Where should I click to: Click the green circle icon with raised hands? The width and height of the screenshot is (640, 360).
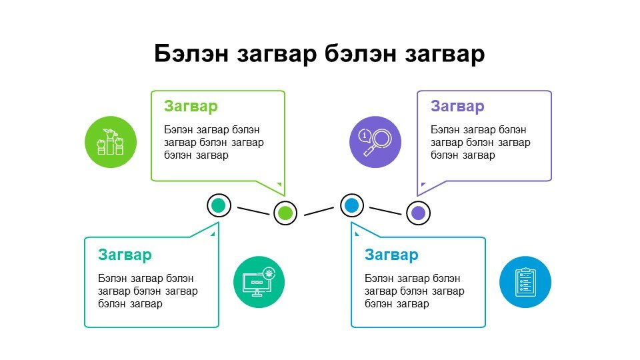coord(110,142)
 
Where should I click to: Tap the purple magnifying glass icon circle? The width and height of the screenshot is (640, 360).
coord(375,142)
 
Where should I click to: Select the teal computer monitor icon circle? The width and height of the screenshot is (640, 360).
coord(259,282)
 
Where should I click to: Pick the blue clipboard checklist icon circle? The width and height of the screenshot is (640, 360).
coord(525,282)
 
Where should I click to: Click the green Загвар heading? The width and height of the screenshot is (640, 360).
coord(191,106)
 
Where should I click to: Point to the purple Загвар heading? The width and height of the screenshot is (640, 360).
coord(457,106)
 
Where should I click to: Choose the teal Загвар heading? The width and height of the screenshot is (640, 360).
coord(125,255)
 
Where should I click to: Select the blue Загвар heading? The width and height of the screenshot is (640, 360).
coord(391,255)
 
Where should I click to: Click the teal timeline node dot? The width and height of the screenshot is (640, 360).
coord(219,205)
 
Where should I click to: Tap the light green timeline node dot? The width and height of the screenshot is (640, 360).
coord(285,213)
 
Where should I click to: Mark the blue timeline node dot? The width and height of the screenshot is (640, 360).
coord(352,205)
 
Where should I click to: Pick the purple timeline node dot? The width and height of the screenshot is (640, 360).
coord(419,213)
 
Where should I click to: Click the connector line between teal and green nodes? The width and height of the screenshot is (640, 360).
coord(253,211)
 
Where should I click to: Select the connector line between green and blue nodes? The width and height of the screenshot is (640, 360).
coord(319,211)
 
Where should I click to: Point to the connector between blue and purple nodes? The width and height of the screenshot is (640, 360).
coord(385,211)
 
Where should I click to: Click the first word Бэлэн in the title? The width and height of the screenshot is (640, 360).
coord(191,53)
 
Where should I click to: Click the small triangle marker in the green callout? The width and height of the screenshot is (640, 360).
coord(279,184)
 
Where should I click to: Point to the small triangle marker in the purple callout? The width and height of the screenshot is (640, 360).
coord(423,184)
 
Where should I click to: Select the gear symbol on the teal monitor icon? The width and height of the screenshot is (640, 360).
coord(269,273)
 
